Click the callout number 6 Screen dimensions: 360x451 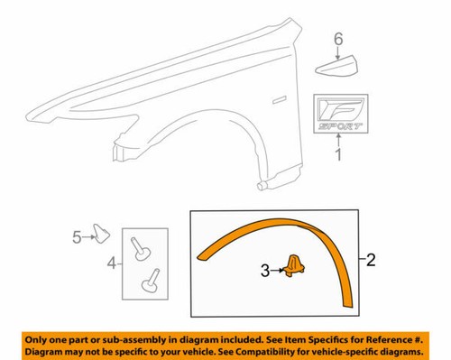pos(339,39)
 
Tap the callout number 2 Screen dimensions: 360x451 pos(371,262)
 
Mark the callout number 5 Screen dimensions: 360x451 pos(77,236)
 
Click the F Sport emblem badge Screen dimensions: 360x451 pos(339,114)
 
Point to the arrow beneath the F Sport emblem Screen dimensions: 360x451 pos(338,142)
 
